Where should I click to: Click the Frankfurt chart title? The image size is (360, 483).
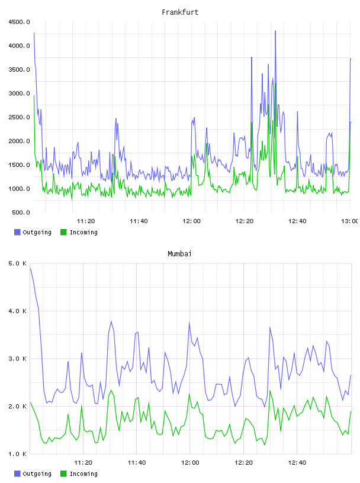point(180,12)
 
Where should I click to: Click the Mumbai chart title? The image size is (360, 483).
point(179,254)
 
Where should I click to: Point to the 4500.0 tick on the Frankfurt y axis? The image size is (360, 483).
point(20,22)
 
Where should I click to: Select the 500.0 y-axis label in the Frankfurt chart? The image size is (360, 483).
point(21,212)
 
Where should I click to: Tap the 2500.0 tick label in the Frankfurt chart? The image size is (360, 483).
point(20,117)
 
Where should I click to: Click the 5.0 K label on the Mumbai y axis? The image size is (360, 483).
point(18,263)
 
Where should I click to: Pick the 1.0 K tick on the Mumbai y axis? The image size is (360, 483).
point(18,454)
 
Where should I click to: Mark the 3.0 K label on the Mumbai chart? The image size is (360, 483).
point(18,359)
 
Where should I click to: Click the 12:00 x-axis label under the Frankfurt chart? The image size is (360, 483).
point(191,221)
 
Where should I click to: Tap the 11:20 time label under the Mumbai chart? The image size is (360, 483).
point(83,463)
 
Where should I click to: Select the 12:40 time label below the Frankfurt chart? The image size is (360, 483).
point(297,221)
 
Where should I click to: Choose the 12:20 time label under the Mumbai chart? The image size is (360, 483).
point(243,463)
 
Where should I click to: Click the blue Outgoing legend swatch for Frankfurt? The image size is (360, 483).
point(17,232)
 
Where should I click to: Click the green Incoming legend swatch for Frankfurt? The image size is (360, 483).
point(63,232)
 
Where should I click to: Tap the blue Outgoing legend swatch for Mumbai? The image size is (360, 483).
point(17,474)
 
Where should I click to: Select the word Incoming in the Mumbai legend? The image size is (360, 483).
point(83,474)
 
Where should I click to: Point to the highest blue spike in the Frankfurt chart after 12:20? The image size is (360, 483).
point(275,31)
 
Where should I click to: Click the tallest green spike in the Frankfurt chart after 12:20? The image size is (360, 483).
point(275,83)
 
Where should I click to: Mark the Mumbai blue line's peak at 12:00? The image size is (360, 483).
point(189,323)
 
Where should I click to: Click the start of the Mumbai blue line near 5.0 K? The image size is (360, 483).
point(31,268)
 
